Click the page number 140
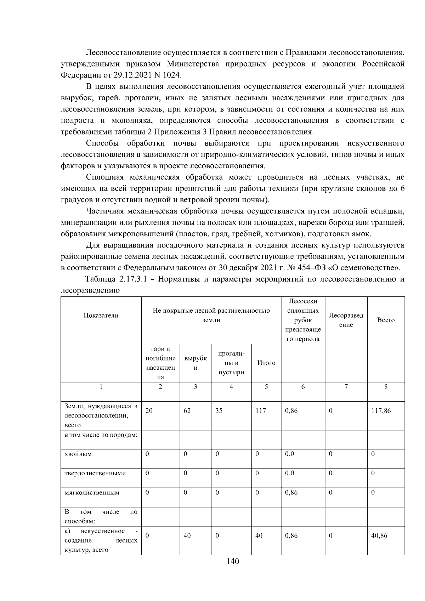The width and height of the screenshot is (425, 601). click(x=233, y=561)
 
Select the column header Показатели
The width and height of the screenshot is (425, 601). click(x=101, y=315)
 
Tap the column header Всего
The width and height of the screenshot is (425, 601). click(x=386, y=320)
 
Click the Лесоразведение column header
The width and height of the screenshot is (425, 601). click(x=346, y=320)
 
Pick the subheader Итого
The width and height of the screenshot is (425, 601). click(x=266, y=363)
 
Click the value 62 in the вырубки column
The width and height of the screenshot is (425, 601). click(x=187, y=411)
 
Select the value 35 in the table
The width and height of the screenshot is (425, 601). click(x=219, y=411)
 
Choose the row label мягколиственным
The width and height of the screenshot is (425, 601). click(x=92, y=492)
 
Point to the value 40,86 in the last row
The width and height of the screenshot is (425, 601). click(x=379, y=535)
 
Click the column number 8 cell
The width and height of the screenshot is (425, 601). click(x=386, y=387)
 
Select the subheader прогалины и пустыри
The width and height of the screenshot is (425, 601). click(x=231, y=363)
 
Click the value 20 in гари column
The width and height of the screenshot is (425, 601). click(x=149, y=411)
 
